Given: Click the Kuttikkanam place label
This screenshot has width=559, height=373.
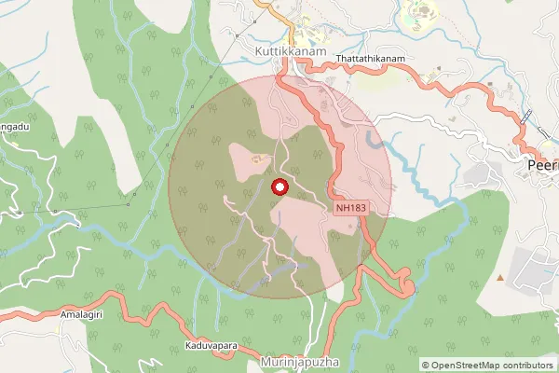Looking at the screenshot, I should [x=291, y=53].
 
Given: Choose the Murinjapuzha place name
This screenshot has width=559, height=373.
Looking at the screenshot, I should [x=298, y=361].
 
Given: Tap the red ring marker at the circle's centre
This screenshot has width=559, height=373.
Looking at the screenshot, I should [x=278, y=187].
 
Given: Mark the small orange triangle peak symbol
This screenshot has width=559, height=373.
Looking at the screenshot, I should [x=500, y=277].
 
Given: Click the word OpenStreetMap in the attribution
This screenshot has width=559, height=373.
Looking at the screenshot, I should [x=471, y=366].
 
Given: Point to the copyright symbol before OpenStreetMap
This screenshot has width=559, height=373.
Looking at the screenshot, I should [x=427, y=366].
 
